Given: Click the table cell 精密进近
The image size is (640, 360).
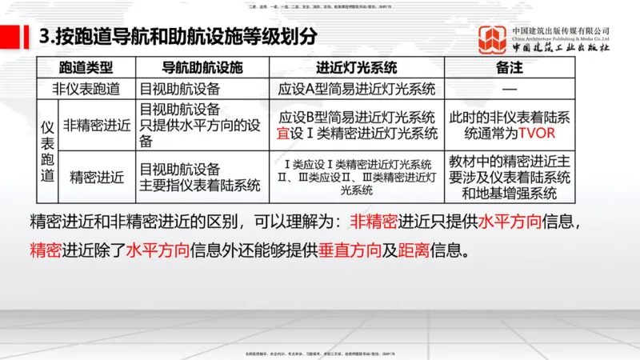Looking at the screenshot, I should click(97, 177).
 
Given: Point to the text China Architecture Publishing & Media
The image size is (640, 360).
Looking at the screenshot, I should click(561, 38).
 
